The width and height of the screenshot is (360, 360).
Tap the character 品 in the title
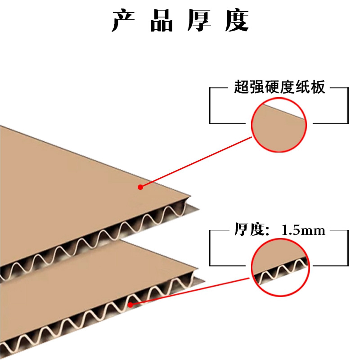pyautogui.click(x=162, y=21)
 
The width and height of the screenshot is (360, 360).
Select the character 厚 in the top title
pyautogui.click(x=199, y=21)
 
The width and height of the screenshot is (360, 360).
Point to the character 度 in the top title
pyautogui.click(x=237, y=21)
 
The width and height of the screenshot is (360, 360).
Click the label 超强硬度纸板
pyautogui.click(x=279, y=87)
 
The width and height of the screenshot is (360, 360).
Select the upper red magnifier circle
pyautogui.click(x=279, y=125)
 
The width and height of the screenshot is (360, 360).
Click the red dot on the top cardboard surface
pyautogui.click(x=140, y=187)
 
